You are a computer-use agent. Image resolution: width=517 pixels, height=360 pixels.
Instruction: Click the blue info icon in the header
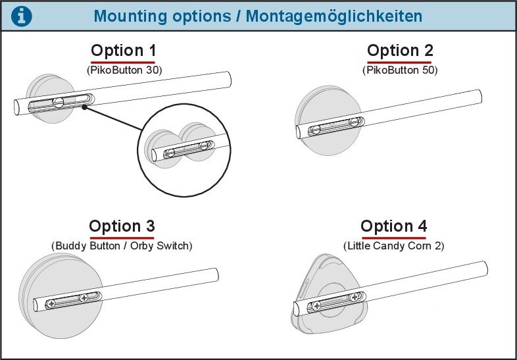pyautogui.click(x=22, y=16)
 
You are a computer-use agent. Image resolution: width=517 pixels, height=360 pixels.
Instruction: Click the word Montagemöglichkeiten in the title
pyautogui.click(x=334, y=16)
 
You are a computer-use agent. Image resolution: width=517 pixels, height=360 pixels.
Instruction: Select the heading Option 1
pyautogui.click(x=123, y=51)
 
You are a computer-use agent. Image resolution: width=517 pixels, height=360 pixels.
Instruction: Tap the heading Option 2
pyautogui.click(x=400, y=51)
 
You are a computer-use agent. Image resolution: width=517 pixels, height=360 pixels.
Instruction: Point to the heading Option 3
pyautogui.click(x=122, y=226)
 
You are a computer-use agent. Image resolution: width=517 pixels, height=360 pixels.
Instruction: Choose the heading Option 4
pyautogui.click(x=394, y=226)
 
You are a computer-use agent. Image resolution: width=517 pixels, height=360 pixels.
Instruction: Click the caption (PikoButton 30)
pyautogui.click(x=124, y=70)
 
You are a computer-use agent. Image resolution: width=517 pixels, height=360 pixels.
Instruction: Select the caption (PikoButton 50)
pyautogui.click(x=400, y=70)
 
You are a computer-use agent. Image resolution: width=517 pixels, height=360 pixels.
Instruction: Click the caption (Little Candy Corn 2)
pyautogui.click(x=394, y=246)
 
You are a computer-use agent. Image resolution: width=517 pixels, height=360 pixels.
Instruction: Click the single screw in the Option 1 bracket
pyautogui.click(x=59, y=102)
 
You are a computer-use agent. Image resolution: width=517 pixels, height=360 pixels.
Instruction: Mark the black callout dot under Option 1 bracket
pyautogui.click(x=85, y=107)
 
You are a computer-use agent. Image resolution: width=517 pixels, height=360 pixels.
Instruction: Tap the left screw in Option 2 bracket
pyautogui.click(x=316, y=130)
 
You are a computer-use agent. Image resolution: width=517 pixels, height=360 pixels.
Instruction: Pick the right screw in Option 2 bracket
pyautogui.click(x=354, y=122)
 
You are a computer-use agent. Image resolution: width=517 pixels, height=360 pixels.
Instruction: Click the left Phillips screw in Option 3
pyautogui.click(x=51, y=303)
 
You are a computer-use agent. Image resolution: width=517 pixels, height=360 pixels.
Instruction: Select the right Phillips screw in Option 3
pyautogui.click(x=84, y=298)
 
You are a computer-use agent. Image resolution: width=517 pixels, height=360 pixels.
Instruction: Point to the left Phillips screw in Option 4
pyautogui.click(x=317, y=306)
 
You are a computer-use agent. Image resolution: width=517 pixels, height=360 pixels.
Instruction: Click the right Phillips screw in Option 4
pyautogui.click(x=354, y=297)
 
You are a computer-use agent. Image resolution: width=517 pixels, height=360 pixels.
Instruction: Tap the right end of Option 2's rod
pyautogui.click(x=479, y=96)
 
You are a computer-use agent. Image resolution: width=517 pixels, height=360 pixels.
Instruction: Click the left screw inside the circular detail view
pyautogui.click(x=171, y=153)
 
